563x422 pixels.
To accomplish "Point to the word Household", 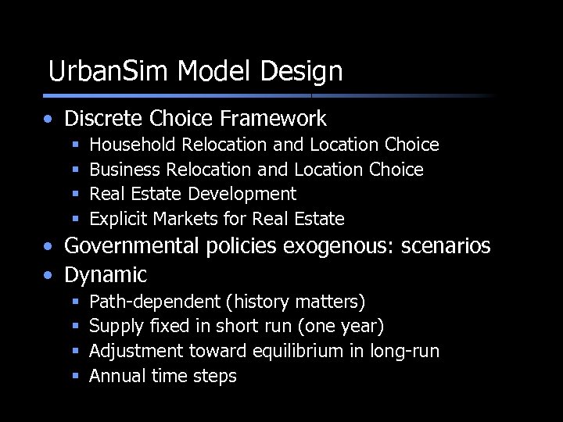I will coord(134,145).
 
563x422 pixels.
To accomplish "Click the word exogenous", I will coord(349,246).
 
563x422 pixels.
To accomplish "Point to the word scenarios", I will coord(446,246).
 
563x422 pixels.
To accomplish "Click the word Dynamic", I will coord(106,275).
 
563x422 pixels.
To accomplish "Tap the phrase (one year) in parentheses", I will coord(343,326).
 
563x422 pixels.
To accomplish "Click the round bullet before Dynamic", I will coord(49,276).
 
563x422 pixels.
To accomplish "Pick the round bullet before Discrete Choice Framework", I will coord(49,120).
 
